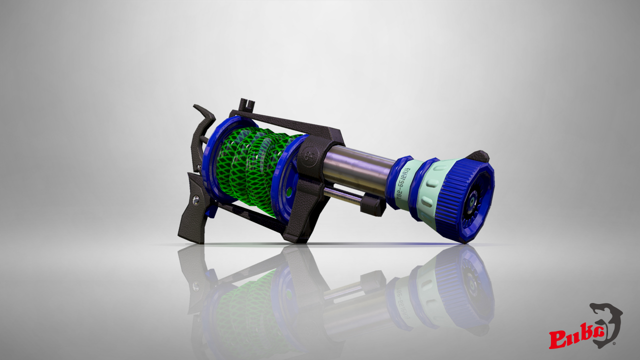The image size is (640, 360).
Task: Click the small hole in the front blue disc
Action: coord(289,191)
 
